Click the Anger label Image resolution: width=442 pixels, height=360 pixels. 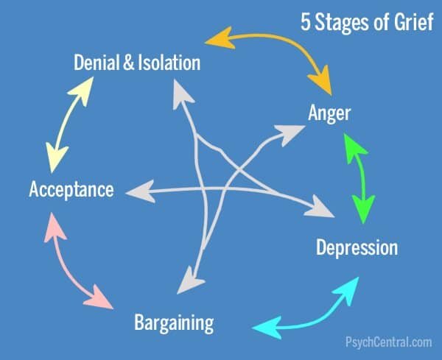(329, 114)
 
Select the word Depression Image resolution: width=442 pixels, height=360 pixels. (357, 248)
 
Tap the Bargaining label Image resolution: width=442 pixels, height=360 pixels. (174, 323)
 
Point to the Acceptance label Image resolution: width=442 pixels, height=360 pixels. (71, 189)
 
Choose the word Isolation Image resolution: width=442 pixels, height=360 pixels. (169, 63)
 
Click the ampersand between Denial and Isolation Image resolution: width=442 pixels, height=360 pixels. (128, 63)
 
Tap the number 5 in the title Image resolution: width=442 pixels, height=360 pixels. (305, 22)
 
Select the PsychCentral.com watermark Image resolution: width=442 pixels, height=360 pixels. (389, 342)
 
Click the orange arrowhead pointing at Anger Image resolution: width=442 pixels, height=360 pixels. (321, 80)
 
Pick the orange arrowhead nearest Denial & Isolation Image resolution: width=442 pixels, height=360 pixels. (220, 38)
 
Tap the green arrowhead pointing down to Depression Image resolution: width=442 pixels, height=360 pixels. (364, 208)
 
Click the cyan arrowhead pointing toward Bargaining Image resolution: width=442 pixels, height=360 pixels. (267, 328)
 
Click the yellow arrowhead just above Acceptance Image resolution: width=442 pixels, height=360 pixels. (57, 158)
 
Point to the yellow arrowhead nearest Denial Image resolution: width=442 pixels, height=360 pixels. (82, 90)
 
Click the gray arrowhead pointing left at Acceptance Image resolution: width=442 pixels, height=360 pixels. (141, 191)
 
